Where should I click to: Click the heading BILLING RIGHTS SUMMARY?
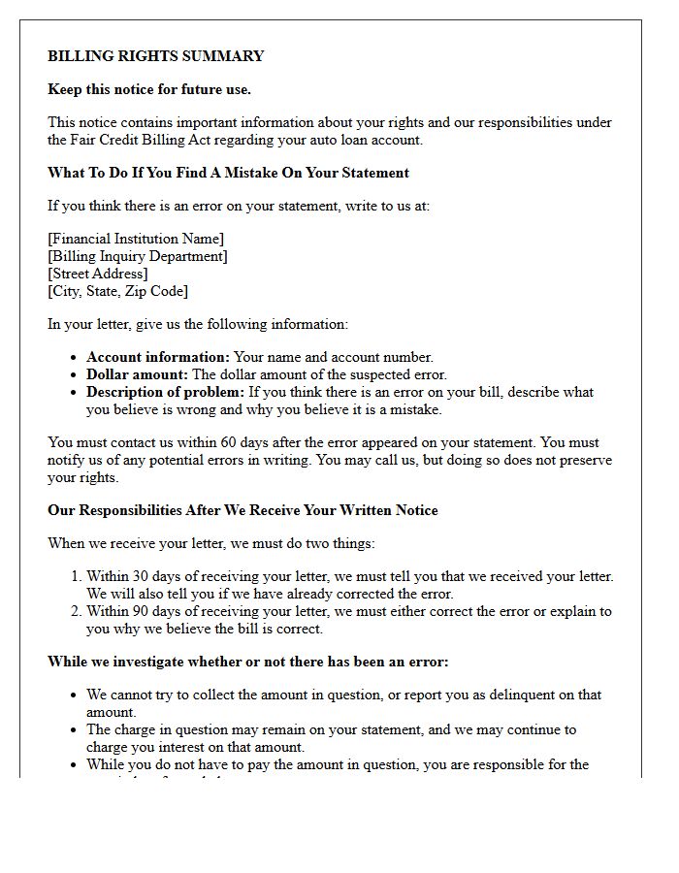coord(155,56)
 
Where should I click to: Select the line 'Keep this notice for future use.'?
coord(149,89)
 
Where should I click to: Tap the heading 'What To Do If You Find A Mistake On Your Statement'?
coord(228,173)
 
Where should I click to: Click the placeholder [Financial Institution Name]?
coord(136,239)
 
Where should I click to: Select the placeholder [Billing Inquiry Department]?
coord(138,256)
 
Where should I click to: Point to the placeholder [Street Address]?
coord(98,274)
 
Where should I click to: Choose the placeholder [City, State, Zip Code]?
coord(117,291)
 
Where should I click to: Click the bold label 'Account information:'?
coord(158,357)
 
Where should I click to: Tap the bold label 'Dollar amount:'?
coord(137,374)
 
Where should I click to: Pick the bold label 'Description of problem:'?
coord(166,392)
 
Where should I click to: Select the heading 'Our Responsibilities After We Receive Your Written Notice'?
coord(242,510)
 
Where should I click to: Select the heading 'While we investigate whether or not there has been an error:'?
coord(247,662)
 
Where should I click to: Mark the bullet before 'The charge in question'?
coord(75,729)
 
